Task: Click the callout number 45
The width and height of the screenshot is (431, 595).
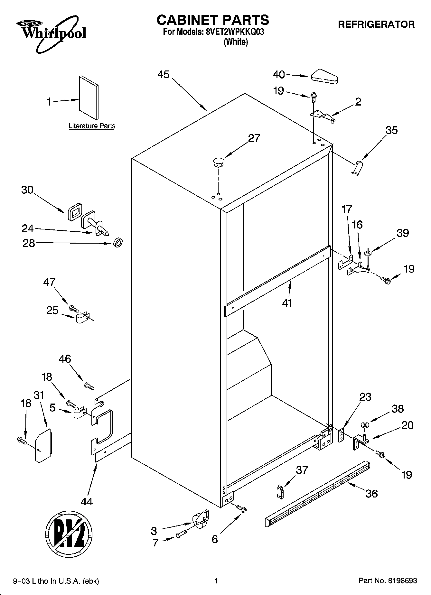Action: coord(164,75)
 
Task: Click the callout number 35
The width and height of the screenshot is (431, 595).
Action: coord(391,130)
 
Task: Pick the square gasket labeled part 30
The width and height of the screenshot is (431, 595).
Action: coord(75,212)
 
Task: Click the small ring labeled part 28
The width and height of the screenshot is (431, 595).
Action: coord(118,242)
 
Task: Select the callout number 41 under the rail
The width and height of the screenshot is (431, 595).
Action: coord(287,303)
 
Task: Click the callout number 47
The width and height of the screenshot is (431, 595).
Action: coord(49,282)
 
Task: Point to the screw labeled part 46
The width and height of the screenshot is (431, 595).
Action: coord(89,385)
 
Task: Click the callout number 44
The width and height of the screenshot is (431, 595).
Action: coord(87,501)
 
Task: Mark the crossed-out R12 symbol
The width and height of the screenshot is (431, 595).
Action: coord(69,534)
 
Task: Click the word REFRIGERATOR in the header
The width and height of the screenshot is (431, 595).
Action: coord(376,24)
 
